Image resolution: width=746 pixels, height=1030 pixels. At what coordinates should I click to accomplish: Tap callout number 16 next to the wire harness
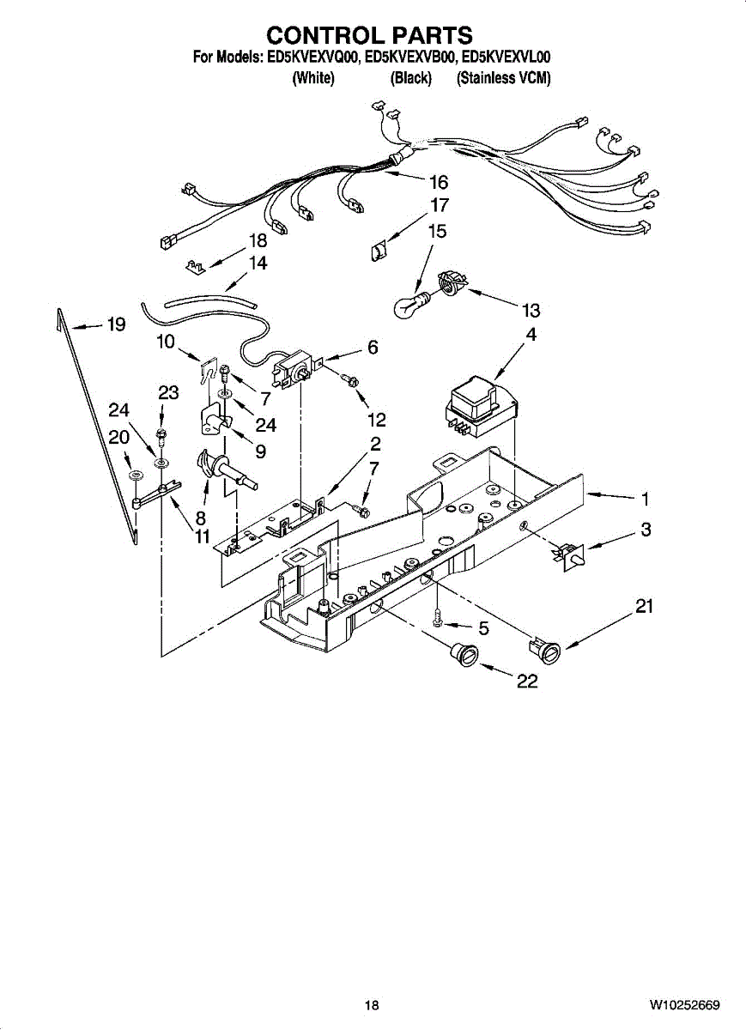[x=439, y=183]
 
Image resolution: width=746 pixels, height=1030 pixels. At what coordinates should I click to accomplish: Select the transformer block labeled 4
[x=482, y=406]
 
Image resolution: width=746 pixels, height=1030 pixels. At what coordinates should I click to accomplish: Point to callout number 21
[x=644, y=606]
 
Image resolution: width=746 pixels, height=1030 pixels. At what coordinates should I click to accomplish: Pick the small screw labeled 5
[x=438, y=621]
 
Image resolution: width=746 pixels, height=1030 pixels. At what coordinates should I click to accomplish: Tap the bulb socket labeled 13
[x=450, y=282]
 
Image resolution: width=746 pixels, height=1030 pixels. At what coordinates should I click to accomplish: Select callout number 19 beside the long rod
[x=117, y=324]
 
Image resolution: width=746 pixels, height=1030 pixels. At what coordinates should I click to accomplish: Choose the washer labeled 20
[x=136, y=475]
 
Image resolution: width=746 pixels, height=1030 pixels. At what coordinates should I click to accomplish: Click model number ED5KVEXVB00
[x=410, y=58]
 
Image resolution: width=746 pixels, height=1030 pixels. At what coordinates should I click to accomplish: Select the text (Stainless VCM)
[x=503, y=78]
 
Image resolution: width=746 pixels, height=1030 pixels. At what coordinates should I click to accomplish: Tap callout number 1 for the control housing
[x=646, y=499]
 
